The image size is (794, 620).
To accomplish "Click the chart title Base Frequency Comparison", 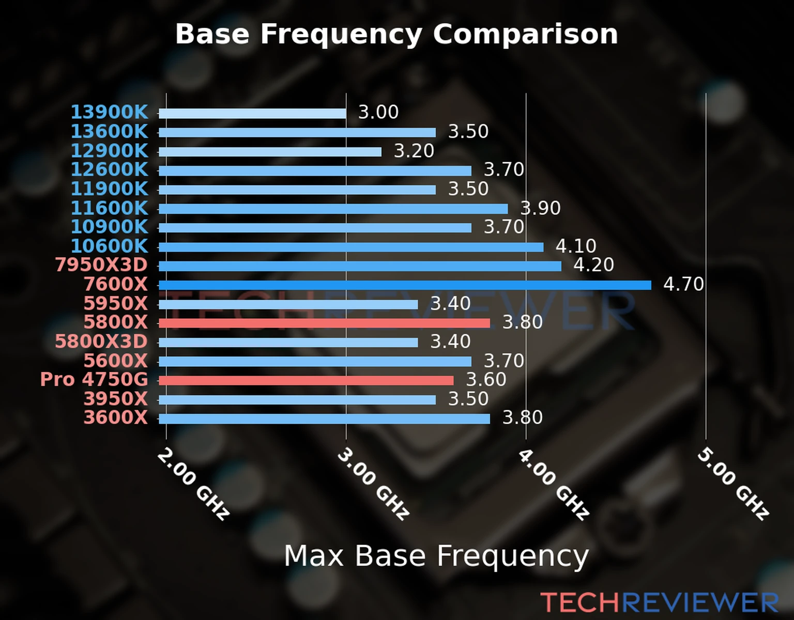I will click(x=396, y=34).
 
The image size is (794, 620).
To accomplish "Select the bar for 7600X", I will click(x=405, y=285).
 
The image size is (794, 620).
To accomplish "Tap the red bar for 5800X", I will click(x=324, y=323).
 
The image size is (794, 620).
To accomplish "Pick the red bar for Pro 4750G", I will click(x=306, y=381).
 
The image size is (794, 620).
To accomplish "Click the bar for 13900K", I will click(x=252, y=114).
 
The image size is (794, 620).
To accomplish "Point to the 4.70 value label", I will click(x=683, y=284).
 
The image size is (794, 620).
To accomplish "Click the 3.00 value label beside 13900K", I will click(x=378, y=112).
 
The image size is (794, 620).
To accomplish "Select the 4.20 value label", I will click(x=593, y=265).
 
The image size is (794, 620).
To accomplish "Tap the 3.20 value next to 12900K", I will click(x=414, y=151).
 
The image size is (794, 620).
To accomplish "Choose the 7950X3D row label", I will click(x=101, y=265).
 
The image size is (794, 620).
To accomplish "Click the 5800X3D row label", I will click(x=101, y=342).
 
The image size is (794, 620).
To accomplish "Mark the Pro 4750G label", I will click(x=94, y=380).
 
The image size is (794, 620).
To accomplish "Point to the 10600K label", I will click(x=109, y=246).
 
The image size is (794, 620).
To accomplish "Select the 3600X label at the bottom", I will click(x=116, y=417).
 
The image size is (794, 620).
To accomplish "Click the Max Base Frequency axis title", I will click(x=436, y=556).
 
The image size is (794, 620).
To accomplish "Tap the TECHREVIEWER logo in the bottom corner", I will click(x=659, y=603).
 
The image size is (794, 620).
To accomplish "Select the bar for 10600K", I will click(x=351, y=247).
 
